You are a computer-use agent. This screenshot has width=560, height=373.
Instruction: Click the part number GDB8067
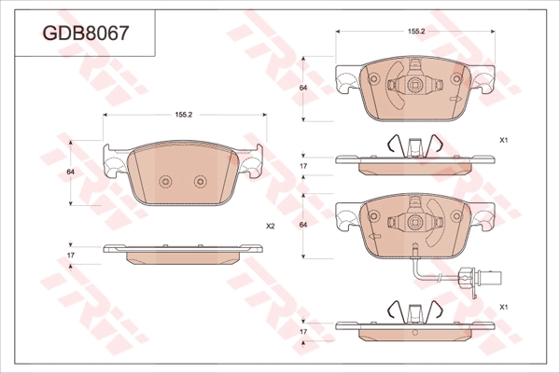tap(85, 34)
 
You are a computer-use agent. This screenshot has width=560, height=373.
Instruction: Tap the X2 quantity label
tap(271, 226)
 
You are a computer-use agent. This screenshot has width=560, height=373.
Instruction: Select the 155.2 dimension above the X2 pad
tap(184, 115)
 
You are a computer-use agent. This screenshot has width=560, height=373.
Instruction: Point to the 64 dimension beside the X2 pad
tap(71, 172)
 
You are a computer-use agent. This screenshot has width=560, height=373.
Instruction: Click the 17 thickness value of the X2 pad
tap(71, 256)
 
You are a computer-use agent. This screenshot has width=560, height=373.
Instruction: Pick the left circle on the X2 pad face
tap(165, 181)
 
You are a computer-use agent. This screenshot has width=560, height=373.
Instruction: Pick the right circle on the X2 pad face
tap(201, 181)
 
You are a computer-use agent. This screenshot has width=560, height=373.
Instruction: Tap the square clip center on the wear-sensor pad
tap(414, 222)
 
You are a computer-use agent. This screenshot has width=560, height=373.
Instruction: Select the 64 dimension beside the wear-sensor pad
tap(303, 225)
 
